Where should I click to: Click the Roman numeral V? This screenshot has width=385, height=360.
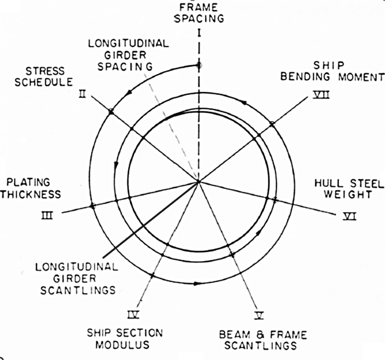coord(259,309)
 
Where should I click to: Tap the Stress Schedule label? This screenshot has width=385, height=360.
coord(47,76)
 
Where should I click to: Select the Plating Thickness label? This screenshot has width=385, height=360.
coord(33,188)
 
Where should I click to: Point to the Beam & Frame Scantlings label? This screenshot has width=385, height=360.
coord(264,340)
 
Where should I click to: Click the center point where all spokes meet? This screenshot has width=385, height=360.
coord(199,181)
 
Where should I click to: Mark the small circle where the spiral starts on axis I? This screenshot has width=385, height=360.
coord(199,66)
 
